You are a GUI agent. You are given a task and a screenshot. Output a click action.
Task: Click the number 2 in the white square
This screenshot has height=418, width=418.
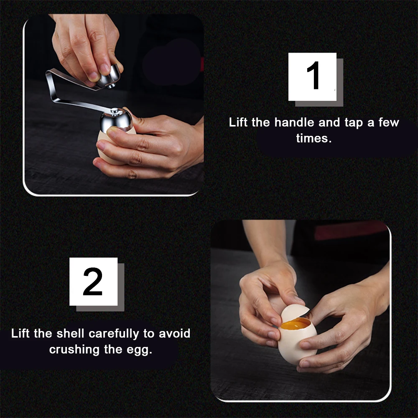pyautogui.click(x=93, y=281)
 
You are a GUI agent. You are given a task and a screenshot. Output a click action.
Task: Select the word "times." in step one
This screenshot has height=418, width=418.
pyautogui.click(x=314, y=138)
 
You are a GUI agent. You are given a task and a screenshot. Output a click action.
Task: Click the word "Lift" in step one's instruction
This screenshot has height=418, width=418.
pyautogui.click(x=238, y=122)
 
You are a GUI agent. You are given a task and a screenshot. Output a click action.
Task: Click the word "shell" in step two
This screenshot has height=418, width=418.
pyautogui.click(x=70, y=334)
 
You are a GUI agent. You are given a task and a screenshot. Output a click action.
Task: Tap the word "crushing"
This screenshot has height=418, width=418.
pyautogui.click(x=74, y=350)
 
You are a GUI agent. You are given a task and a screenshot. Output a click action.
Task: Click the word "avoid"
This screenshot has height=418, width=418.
pyautogui.click(x=175, y=334)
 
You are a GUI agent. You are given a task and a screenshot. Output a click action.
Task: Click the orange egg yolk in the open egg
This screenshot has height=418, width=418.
pyautogui.click(x=296, y=325)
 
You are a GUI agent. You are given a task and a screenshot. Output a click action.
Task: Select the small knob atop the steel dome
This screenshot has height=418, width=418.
pyautogui.click(x=115, y=111)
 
